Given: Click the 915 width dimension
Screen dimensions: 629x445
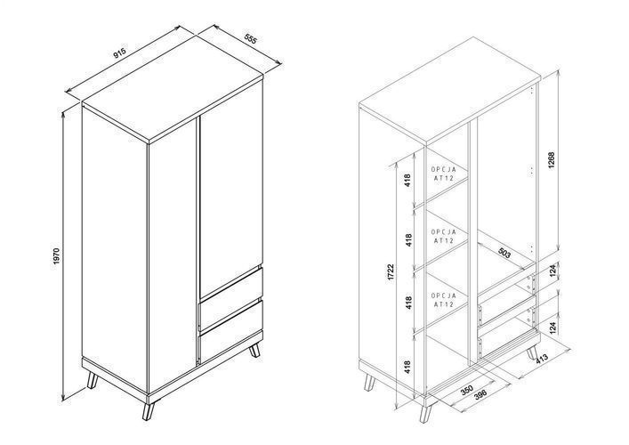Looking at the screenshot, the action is click(x=119, y=53).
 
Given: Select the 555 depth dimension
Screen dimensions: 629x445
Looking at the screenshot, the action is click(x=250, y=39).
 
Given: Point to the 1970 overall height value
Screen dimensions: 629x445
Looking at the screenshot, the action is click(x=56, y=256).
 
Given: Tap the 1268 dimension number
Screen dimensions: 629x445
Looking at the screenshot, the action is click(x=552, y=159).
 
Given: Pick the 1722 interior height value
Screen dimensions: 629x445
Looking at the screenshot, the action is click(x=391, y=272).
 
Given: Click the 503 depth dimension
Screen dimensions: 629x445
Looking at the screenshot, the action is click(x=504, y=253).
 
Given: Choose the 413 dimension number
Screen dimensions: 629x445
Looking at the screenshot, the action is click(x=542, y=358).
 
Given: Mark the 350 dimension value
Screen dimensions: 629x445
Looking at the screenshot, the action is click(x=466, y=390).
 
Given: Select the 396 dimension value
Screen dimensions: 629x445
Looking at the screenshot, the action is click(x=480, y=394).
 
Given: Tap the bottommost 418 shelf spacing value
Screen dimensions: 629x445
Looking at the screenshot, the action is click(x=407, y=368).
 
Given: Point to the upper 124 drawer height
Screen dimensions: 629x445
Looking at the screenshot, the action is click(x=552, y=271).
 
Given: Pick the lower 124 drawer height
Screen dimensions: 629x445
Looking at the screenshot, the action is click(x=552, y=328).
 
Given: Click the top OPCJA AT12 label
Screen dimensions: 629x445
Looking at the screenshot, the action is click(x=444, y=174).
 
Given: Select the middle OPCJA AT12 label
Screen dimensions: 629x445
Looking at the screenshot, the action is click(x=444, y=237).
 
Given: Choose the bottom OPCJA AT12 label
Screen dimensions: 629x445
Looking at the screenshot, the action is click(x=444, y=300).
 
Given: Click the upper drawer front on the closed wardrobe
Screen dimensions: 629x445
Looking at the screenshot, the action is click(x=230, y=299).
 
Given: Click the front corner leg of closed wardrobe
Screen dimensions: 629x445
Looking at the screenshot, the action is click(x=149, y=411).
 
